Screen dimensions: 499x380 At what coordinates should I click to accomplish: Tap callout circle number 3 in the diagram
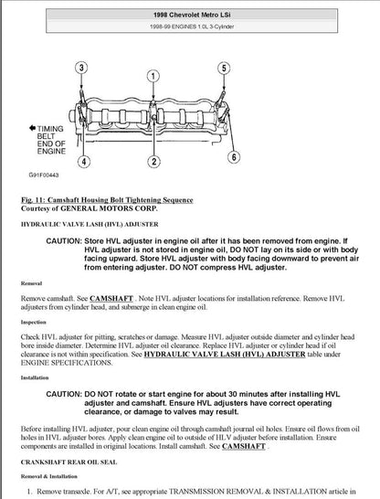(82, 68)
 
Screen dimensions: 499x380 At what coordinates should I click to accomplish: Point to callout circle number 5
(222, 68)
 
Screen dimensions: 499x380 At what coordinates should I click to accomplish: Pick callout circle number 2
(155, 163)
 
